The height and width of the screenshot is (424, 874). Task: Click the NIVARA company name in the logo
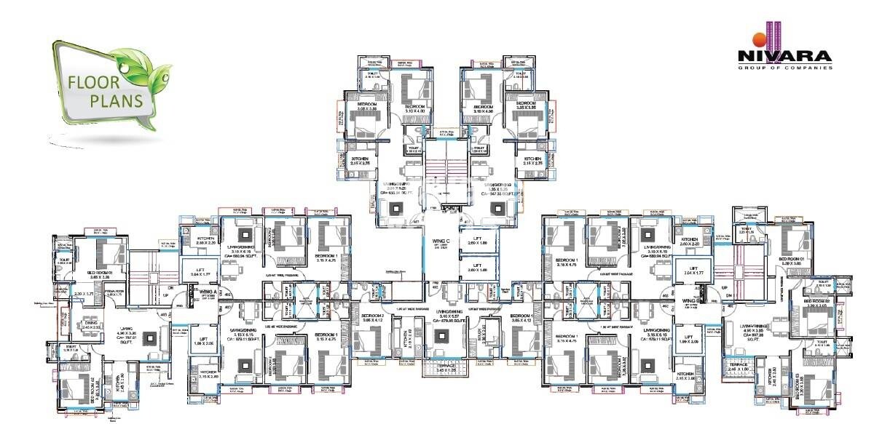(x=784, y=56)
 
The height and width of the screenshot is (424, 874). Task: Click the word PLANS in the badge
(x=116, y=100)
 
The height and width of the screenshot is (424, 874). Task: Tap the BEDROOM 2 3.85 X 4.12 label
(x=374, y=317)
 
